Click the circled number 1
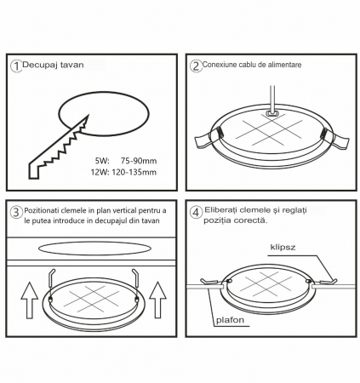tap(16, 66)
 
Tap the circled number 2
tap(196, 66)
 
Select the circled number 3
tap(16, 212)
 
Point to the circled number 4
tap(196, 212)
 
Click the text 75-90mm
tap(139, 161)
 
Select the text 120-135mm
tap(134, 172)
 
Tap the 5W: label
tap(102, 161)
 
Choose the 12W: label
tap(100, 172)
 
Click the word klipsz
tap(283, 247)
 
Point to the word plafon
tap(230, 320)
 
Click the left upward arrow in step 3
tap(30, 300)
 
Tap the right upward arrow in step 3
tap(157, 300)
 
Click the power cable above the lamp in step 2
tap(272, 100)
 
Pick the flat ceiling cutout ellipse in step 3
tap(94, 249)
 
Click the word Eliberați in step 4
tap(220, 210)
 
